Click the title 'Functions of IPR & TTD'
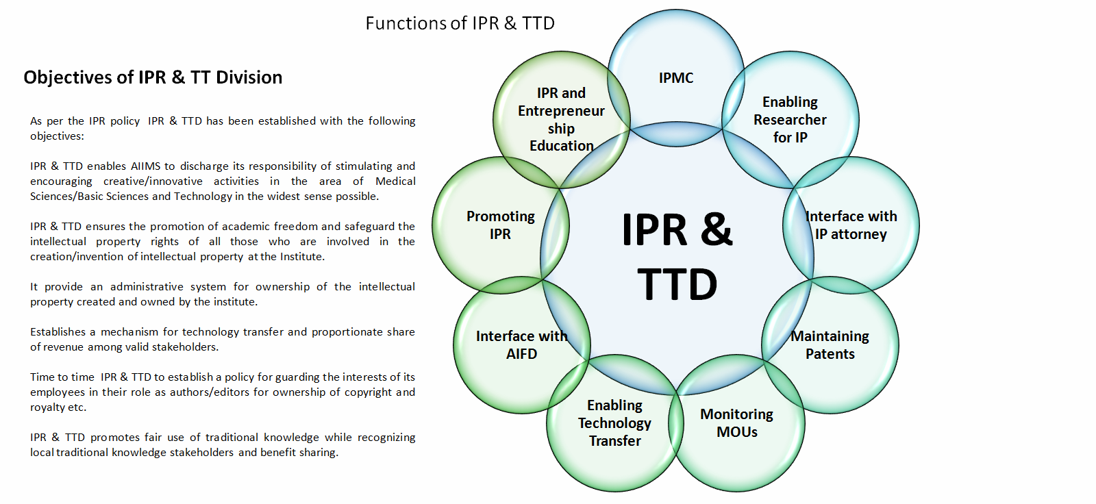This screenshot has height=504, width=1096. (x=460, y=23)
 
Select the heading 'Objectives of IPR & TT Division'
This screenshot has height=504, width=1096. (x=153, y=77)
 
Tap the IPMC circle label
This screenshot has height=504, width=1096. (x=675, y=78)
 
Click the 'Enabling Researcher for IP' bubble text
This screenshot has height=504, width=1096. (x=790, y=120)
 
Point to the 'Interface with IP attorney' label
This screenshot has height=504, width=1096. (x=851, y=225)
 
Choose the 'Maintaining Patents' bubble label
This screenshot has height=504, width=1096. (x=830, y=345)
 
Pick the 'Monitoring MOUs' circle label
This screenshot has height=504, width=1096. (x=736, y=423)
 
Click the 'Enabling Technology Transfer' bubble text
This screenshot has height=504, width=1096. (x=614, y=423)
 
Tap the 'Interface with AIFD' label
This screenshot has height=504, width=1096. (x=521, y=345)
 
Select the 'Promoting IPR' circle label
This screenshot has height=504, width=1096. (x=500, y=225)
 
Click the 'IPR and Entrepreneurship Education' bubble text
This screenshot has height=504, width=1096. (x=561, y=120)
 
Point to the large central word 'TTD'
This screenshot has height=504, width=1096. (x=677, y=285)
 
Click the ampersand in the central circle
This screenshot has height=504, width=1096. (x=717, y=229)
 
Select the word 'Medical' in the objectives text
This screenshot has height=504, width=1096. (x=395, y=181)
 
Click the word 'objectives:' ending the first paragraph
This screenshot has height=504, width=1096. (x=57, y=136)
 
